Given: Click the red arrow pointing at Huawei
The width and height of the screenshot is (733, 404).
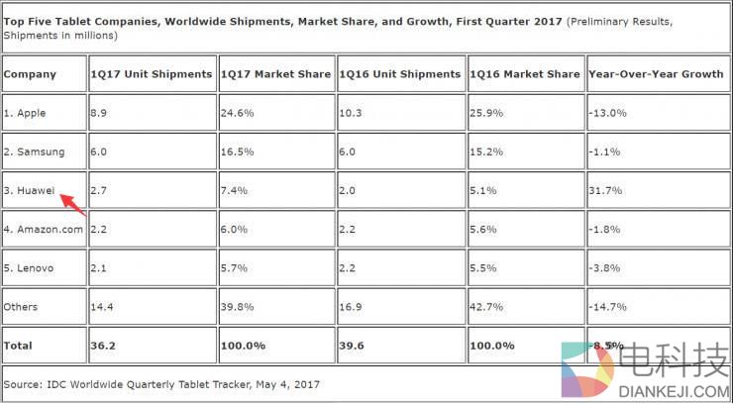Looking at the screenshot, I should point(73,204).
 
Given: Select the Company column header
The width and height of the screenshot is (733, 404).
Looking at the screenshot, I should point(31,74).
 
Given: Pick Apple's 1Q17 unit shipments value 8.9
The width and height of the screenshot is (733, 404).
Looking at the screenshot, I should point(98,113).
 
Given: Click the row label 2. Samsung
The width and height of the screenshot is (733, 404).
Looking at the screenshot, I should point(35,151).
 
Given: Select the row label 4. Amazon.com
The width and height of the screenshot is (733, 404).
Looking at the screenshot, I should point(44,229).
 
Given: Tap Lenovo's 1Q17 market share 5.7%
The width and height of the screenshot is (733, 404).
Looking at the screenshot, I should point(235,267).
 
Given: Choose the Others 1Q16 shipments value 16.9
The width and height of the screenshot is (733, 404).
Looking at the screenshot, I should point(353,306).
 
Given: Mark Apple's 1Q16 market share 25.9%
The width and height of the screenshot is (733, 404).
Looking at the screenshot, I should point(486,113).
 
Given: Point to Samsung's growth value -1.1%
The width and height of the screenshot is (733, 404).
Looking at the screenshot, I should point(605,151).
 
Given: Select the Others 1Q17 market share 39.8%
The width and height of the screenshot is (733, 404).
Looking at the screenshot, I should point(238,306).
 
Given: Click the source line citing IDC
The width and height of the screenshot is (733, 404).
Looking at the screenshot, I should point(161,383).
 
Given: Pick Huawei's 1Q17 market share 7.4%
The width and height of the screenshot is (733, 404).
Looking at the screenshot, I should point(235,190).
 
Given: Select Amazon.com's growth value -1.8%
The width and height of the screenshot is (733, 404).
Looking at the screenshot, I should point(605,229).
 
